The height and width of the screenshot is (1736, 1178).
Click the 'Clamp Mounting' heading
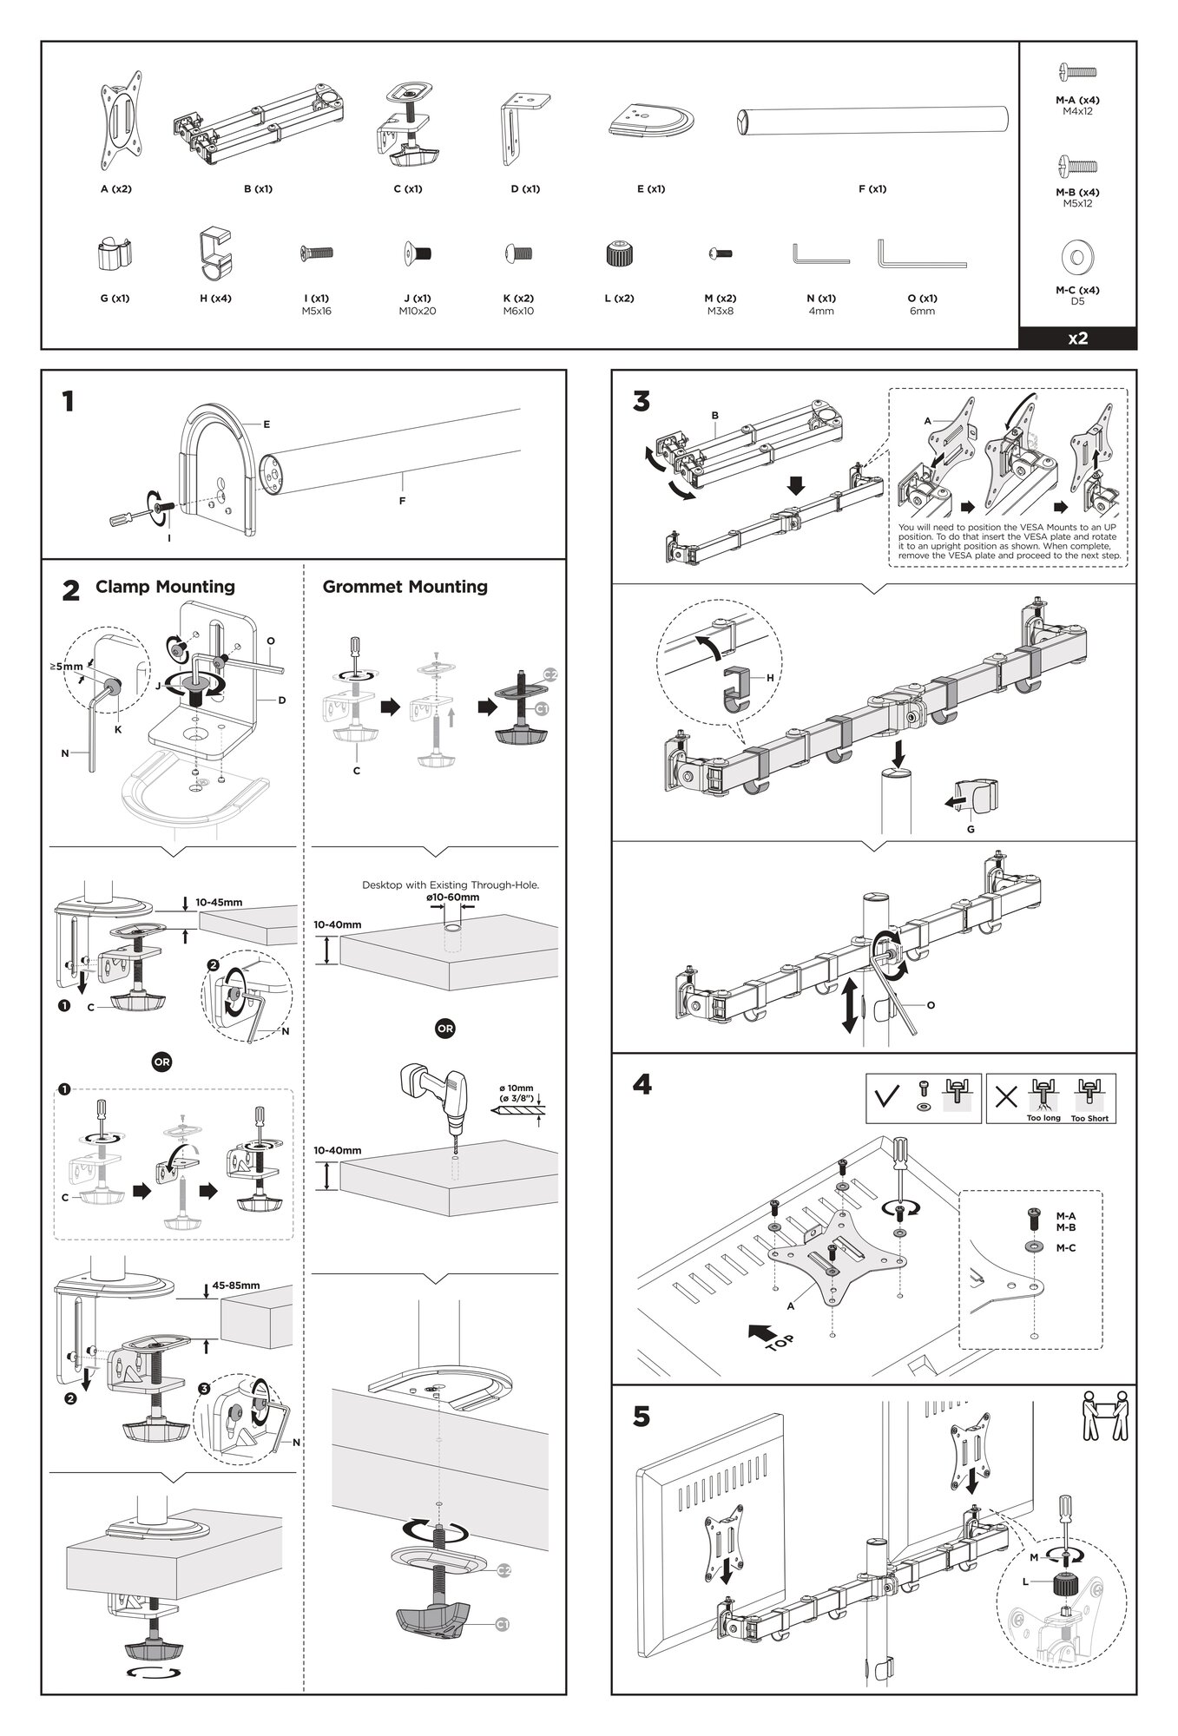(x=165, y=587)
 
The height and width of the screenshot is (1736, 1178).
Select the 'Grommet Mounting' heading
(x=405, y=587)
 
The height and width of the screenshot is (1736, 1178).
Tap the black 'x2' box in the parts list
(x=1077, y=339)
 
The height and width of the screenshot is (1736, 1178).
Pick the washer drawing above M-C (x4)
(x=1077, y=257)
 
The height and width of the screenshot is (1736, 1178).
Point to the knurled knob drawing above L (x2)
(x=618, y=255)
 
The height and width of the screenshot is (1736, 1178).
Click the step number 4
(x=642, y=1085)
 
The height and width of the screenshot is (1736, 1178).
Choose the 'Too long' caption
(x=1043, y=1118)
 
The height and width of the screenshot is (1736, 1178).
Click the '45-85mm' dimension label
(x=236, y=1286)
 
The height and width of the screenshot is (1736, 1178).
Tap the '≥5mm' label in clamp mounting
(x=66, y=667)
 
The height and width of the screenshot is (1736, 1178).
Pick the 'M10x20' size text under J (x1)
(x=417, y=311)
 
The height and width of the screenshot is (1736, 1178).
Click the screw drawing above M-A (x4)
(x=1077, y=73)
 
